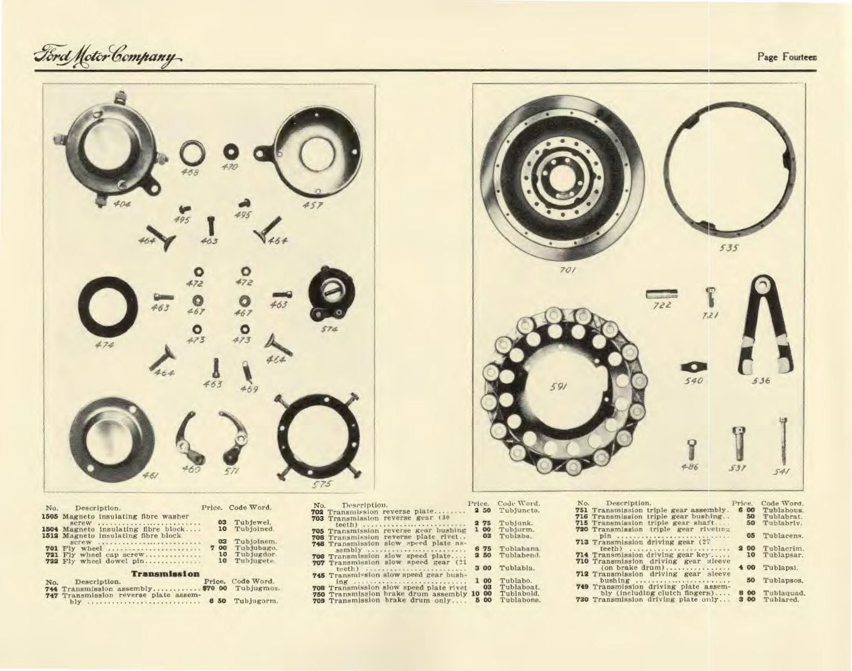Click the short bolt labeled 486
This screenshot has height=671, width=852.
(690, 447)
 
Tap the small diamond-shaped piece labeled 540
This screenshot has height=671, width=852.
(693, 366)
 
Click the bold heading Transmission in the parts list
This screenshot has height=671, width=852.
(164, 574)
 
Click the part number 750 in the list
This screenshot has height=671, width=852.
(319, 593)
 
